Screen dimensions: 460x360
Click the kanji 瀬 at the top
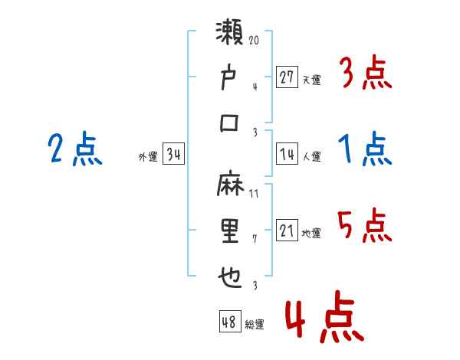(x=231, y=36)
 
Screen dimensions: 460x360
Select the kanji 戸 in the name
(x=231, y=79)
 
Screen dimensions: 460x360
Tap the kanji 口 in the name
(x=231, y=123)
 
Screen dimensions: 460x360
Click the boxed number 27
(x=287, y=77)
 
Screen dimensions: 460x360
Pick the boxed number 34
(x=173, y=155)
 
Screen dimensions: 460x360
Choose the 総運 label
(x=255, y=325)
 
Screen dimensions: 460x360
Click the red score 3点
(x=365, y=74)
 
